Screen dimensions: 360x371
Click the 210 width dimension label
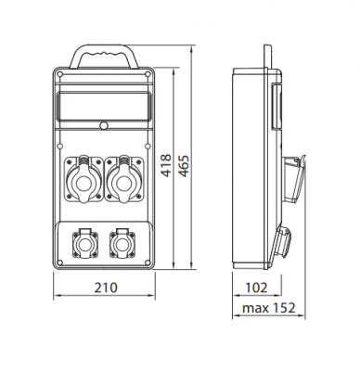pos(106,288)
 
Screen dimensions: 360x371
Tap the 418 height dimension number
pos(166,165)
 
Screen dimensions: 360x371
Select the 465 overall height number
pos(184,165)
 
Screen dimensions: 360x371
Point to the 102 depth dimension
pos(256,288)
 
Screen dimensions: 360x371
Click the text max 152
pos(269,308)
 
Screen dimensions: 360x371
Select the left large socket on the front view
pos(84,179)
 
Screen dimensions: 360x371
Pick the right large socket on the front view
pos(124,179)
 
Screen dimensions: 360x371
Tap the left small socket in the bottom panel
pos(85,244)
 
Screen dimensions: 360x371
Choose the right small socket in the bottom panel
pos(122,244)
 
